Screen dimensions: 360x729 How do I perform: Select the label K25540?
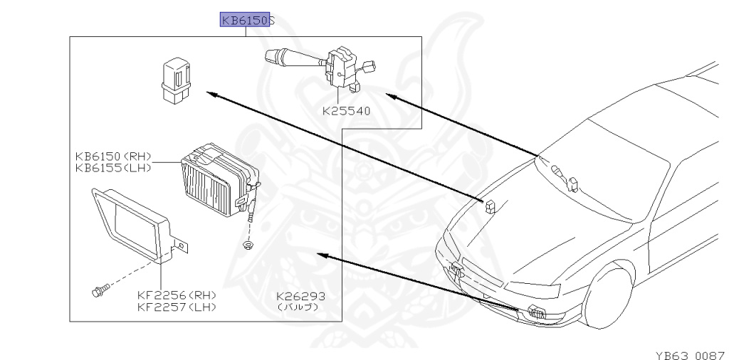tap(346, 111)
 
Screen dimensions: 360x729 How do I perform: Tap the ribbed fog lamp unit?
tap(218, 181)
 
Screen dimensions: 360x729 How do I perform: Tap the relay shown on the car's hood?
tap(490, 206)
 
